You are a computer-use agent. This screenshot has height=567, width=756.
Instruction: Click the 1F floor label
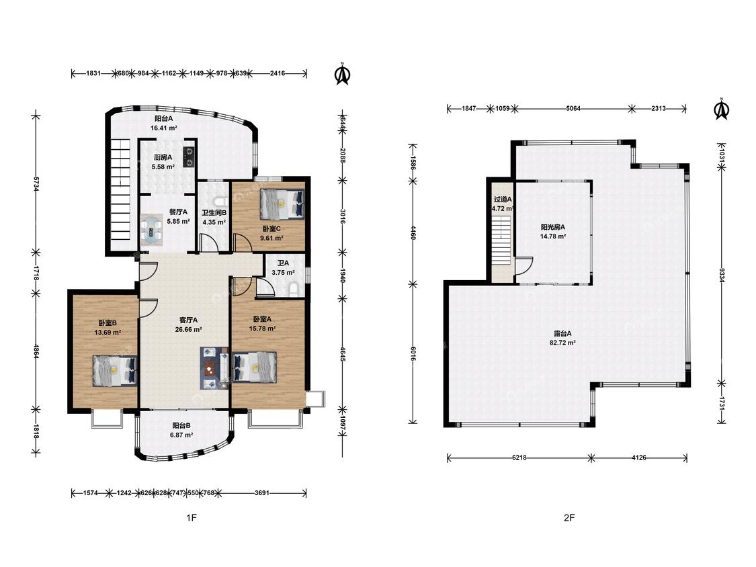pos(192,518)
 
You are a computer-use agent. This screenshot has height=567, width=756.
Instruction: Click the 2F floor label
pos(569,518)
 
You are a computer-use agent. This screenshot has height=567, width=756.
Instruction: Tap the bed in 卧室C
pos(282,204)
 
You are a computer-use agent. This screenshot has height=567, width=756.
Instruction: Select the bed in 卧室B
pos(115,370)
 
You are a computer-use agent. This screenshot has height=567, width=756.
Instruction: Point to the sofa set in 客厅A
pos(214,368)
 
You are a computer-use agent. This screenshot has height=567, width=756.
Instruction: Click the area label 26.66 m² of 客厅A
pos(189,329)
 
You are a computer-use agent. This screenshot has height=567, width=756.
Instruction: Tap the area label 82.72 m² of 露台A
pos(562,343)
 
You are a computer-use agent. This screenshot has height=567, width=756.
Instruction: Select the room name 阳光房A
pos(553,226)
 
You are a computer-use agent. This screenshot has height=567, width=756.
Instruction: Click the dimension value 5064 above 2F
pos(573,108)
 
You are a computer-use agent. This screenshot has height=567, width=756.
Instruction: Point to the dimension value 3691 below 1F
pos(262,492)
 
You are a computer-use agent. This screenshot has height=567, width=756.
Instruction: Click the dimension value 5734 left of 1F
pos(36,183)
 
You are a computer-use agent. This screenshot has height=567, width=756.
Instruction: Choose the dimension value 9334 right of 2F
pos(721,275)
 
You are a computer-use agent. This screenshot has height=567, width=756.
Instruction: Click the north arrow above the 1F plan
pos(343,74)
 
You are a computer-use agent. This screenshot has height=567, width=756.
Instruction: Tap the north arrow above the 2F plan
pos(722,109)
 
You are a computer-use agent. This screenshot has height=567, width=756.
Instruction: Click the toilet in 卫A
pos(294,289)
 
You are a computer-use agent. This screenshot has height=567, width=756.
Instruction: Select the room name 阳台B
pos(181,426)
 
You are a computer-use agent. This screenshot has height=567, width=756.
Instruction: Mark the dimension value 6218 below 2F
pos(519,457)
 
